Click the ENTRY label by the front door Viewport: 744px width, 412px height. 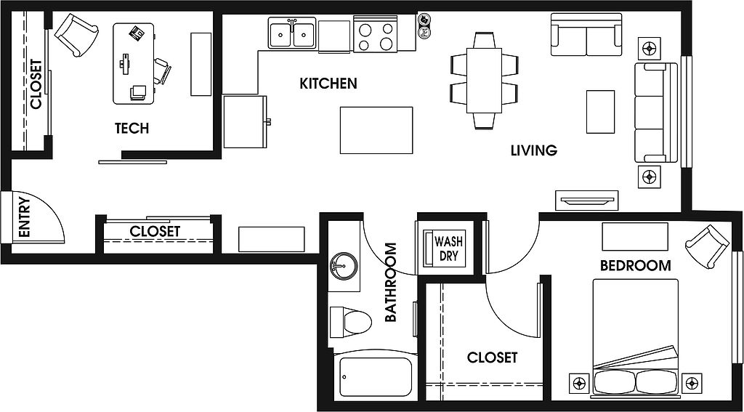coord(24,217)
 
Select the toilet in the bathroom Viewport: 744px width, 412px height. coord(349,323)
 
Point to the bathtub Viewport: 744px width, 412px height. coord(376,376)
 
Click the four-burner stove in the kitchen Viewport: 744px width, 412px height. coord(376,33)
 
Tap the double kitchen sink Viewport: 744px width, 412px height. coord(292,33)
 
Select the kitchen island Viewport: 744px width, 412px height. coord(376,131)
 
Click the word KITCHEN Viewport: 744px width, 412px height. coord(328,84)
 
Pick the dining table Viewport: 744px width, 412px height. coord(484,80)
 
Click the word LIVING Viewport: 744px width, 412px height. coord(534,150)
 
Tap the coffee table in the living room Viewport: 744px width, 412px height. coord(600,112)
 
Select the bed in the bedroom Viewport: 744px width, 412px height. coord(635,337)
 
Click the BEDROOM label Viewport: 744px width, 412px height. coord(635,265)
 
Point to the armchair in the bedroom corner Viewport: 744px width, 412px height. coord(707,246)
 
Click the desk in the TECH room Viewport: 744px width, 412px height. coord(134,64)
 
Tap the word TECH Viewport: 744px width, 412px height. coord(132,128)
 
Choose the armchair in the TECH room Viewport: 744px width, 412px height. coord(76,35)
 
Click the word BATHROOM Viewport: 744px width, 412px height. coord(390,283)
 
